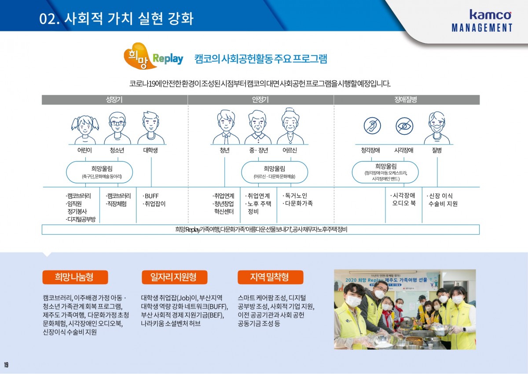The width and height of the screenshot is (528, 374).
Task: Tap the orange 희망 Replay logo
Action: [x=153, y=57]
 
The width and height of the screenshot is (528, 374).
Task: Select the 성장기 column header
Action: [x=114, y=100]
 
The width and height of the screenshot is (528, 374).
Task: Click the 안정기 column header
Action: [x=260, y=100]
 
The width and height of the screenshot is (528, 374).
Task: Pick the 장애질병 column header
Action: [x=406, y=100]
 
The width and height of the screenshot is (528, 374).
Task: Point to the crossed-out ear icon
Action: [x=372, y=126]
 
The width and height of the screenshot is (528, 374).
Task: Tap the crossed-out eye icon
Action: [x=404, y=126]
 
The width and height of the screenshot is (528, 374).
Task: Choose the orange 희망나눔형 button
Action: [x=75, y=277]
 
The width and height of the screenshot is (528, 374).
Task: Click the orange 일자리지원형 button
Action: [x=173, y=277]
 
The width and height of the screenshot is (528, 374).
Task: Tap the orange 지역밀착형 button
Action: [x=270, y=277]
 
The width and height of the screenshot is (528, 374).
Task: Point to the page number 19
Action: [x=6, y=365]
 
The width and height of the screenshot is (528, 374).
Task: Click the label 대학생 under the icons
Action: [x=150, y=150]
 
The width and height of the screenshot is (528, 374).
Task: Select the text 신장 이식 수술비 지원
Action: [x=442, y=200]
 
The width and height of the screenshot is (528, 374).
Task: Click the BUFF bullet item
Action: [x=151, y=196]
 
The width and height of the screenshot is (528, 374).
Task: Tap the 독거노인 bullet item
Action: [x=295, y=196]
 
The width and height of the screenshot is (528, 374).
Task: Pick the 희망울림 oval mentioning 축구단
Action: [x=99, y=172]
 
